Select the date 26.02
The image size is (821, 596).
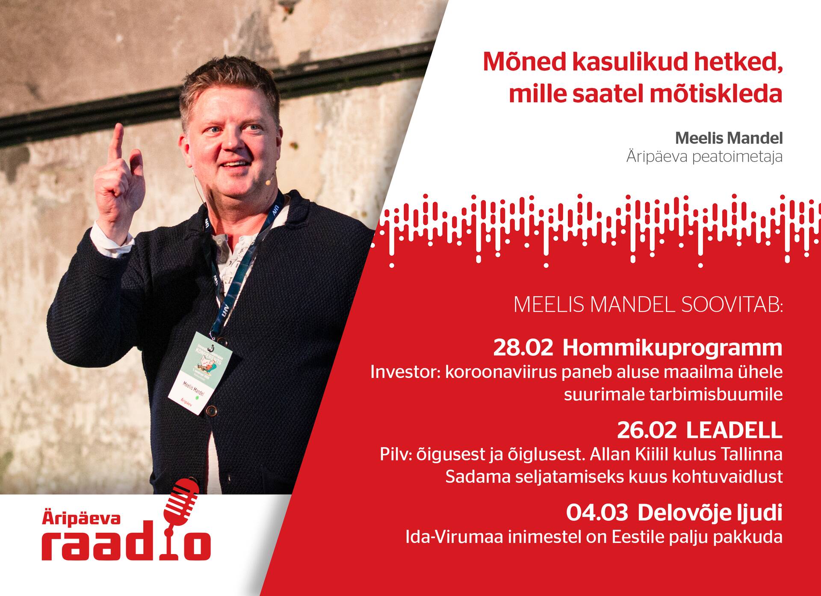tap(647, 431)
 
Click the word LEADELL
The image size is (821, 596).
tap(734, 431)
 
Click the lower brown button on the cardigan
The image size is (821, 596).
tap(211, 410)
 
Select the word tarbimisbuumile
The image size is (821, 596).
tap(673, 394)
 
